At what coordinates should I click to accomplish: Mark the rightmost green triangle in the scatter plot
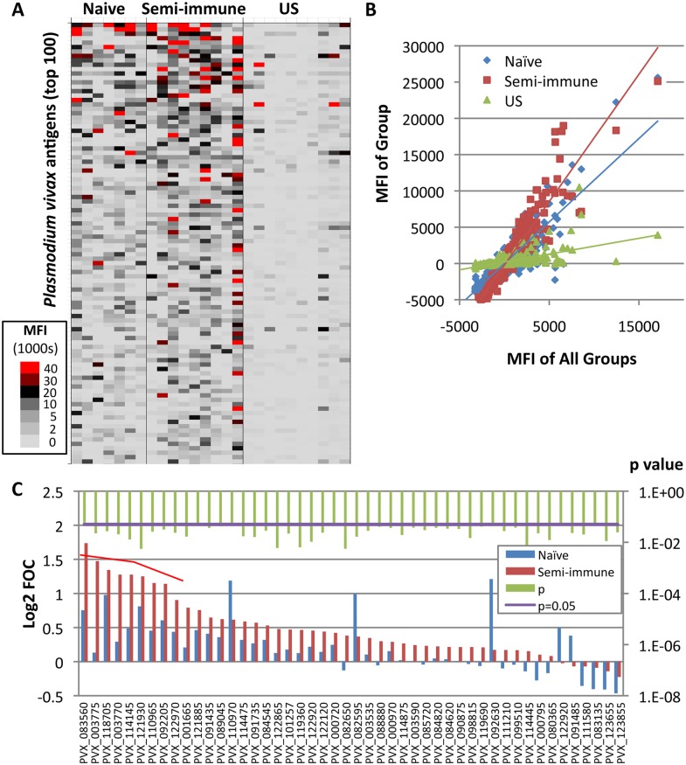[658, 234]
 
